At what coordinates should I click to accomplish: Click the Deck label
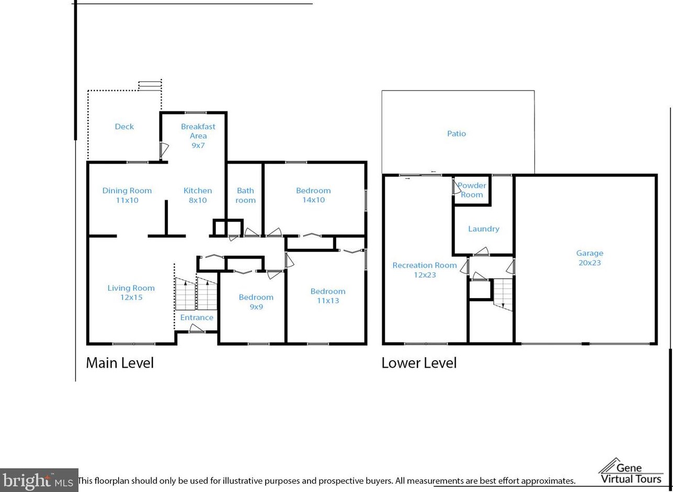124,127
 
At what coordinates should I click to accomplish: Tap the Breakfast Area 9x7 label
198,136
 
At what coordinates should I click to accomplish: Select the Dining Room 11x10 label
127,195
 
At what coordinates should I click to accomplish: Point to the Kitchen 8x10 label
198,195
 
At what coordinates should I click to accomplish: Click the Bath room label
245,195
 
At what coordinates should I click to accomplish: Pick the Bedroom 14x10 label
313,195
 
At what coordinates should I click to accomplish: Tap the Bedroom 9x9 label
256,302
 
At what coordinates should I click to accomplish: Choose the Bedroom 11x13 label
328,296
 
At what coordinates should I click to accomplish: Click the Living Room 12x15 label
131,293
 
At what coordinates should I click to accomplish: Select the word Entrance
197,317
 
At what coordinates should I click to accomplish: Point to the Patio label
457,133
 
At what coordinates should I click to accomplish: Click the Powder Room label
472,190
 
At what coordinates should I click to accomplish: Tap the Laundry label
484,229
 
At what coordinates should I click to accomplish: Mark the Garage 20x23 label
590,258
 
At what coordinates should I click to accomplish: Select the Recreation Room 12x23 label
425,270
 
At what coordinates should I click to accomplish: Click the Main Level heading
120,363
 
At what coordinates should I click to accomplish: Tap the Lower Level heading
419,363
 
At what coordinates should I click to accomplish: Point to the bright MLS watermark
39,480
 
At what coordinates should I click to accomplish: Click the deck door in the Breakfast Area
164,150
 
